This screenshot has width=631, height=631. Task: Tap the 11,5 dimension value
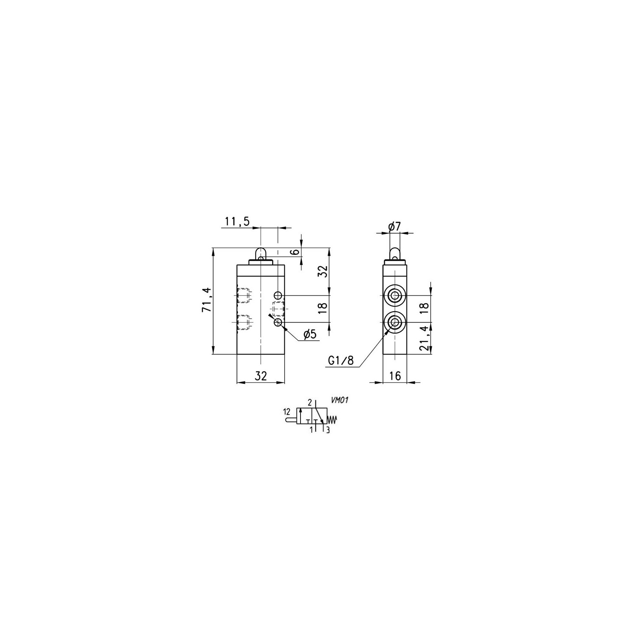tap(237, 222)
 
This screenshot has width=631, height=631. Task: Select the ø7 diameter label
tap(394, 226)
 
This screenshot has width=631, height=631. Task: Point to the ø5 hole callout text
tap(310, 334)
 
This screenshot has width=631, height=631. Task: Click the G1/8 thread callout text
tap(341, 360)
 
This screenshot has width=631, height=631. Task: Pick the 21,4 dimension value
tap(424, 338)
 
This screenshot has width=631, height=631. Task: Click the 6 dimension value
tap(297, 252)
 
